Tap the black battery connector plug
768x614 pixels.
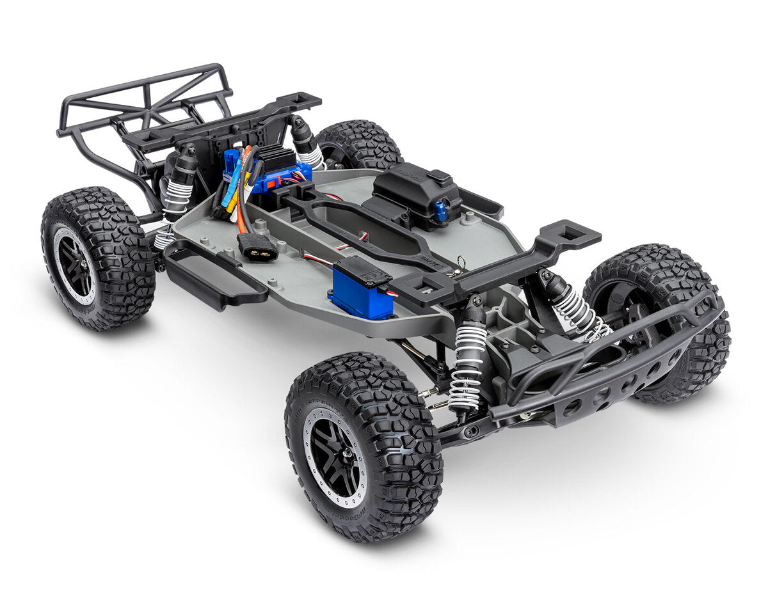coord(257,248)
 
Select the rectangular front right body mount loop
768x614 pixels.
coord(566,233)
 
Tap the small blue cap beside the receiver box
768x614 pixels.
coord(441,210)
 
